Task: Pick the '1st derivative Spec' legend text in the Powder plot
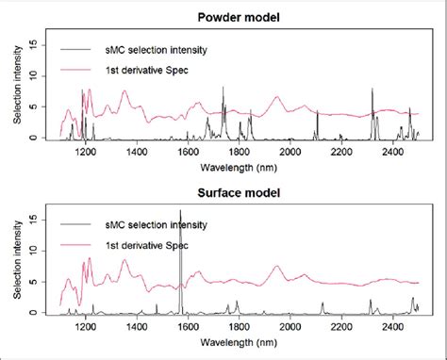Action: [x=144, y=70]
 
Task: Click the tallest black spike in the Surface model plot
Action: [x=180, y=215]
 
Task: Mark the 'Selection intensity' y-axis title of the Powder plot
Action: [x=12, y=90]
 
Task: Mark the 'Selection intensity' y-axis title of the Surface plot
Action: [x=12, y=265]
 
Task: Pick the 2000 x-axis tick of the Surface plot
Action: [x=290, y=328]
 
